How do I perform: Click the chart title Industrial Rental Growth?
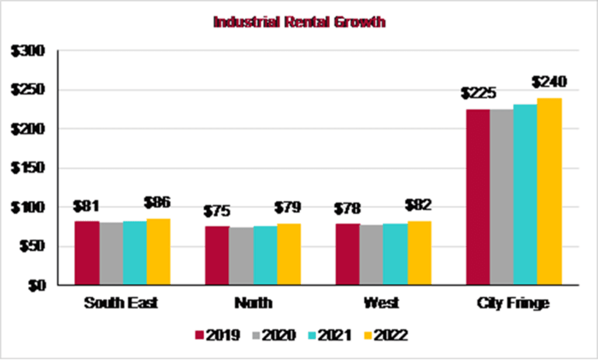tap(299, 23)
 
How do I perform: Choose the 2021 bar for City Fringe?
tap(526, 195)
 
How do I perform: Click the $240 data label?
tap(549, 82)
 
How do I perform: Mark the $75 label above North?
tap(217, 212)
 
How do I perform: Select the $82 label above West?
tap(419, 206)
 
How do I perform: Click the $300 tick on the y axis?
tap(29, 51)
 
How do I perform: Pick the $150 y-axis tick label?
tap(29, 169)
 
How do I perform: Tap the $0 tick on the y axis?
tap(36, 286)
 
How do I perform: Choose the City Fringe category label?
tap(513, 304)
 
